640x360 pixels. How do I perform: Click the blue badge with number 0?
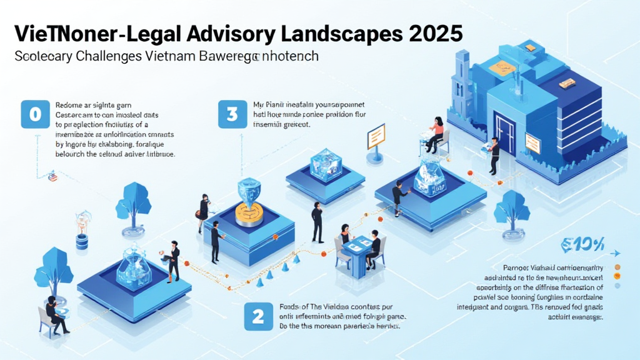[35, 114]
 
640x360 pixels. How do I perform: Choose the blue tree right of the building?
[512, 207]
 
